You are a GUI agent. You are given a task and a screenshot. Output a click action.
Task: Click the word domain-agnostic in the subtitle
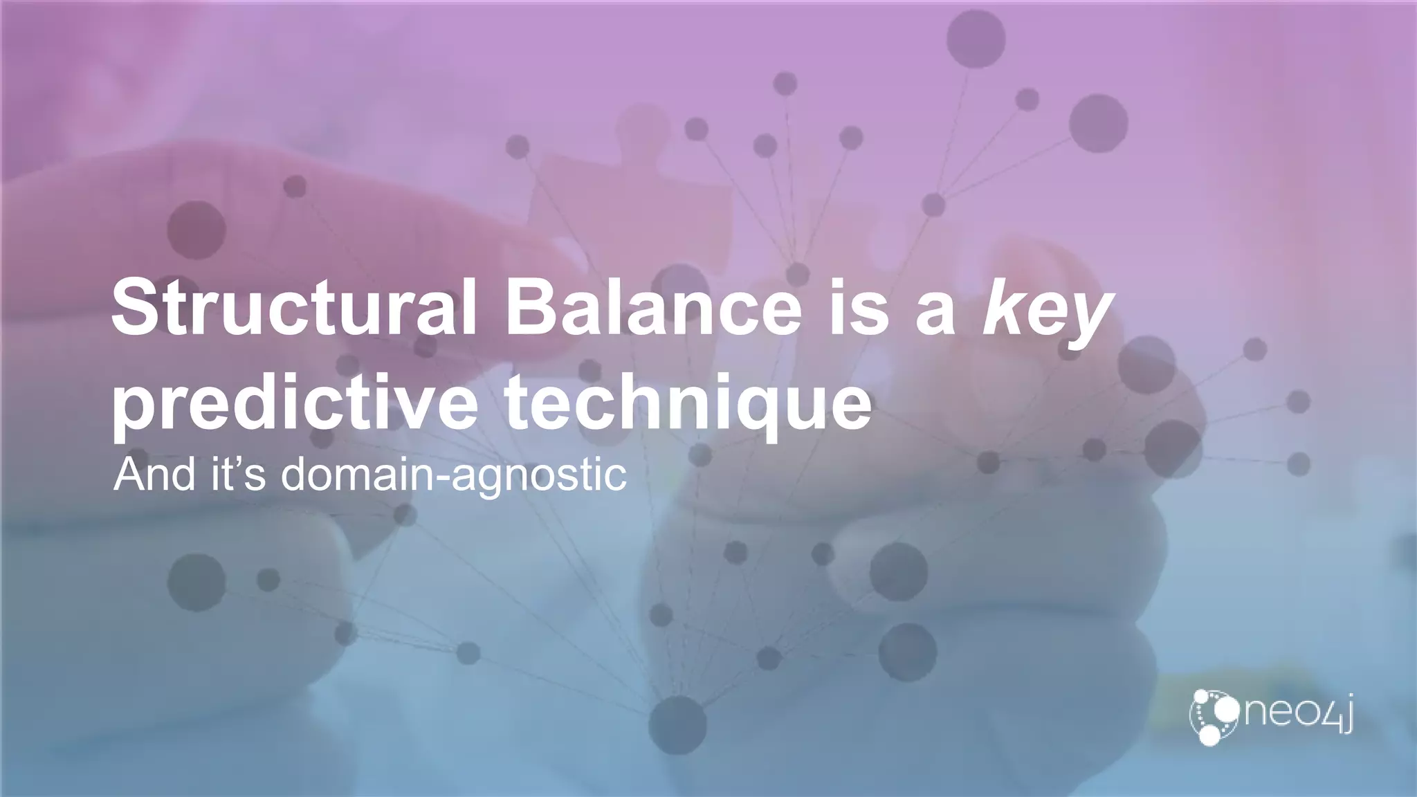click(453, 476)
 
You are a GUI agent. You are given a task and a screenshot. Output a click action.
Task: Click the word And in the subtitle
click(154, 475)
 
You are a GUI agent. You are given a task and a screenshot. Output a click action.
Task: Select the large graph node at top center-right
click(976, 39)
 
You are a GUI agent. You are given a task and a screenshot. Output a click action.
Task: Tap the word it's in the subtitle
click(238, 475)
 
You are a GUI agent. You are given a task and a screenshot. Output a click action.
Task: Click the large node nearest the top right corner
click(1098, 123)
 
